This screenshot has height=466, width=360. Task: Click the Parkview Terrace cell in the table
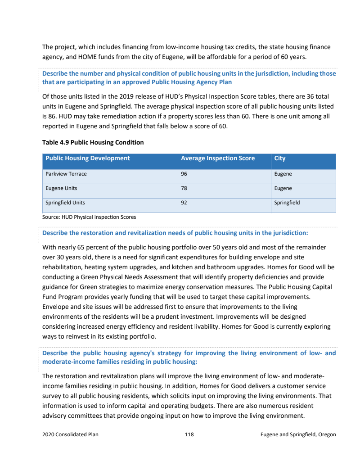[x=66, y=174]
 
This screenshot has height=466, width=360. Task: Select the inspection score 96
[x=184, y=174]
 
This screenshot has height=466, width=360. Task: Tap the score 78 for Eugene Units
[x=184, y=188]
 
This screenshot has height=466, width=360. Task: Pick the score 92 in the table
[x=184, y=203]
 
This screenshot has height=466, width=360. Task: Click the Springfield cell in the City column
[x=287, y=203]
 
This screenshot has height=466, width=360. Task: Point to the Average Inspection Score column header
[x=217, y=158]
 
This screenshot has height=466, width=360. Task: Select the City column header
[x=279, y=158]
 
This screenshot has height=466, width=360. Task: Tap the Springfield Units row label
[x=65, y=203]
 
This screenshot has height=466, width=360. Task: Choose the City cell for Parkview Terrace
[x=283, y=174]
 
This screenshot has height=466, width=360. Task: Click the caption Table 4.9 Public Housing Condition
[x=93, y=142]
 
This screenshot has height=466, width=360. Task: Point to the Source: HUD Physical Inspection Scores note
[x=89, y=217]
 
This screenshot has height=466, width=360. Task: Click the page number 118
[x=189, y=434]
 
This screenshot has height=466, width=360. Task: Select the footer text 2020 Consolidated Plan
[x=70, y=434]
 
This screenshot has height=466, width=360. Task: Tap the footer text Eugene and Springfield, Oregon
[x=298, y=434]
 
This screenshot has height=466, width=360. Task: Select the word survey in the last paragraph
[x=52, y=396]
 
